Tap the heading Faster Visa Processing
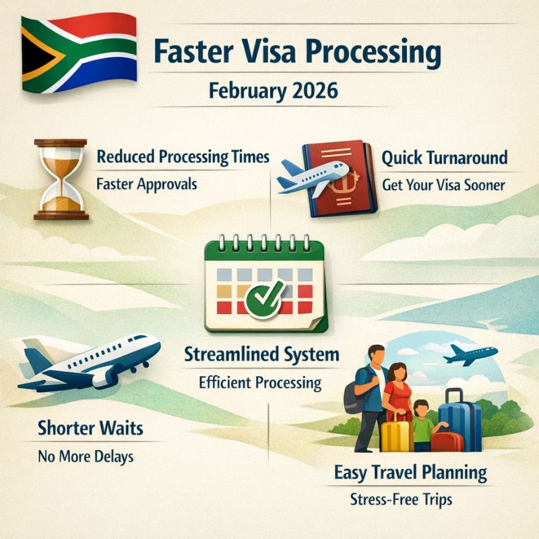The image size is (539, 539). [297, 52]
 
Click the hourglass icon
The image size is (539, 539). [60, 180]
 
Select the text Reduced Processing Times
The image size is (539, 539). [183, 158]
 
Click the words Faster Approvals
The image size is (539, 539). [147, 183]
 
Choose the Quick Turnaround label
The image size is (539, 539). [444, 158]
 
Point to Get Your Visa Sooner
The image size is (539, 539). [443, 184]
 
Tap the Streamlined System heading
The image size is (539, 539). [262, 355]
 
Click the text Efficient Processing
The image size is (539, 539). [259, 383]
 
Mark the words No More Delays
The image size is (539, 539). [85, 456]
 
